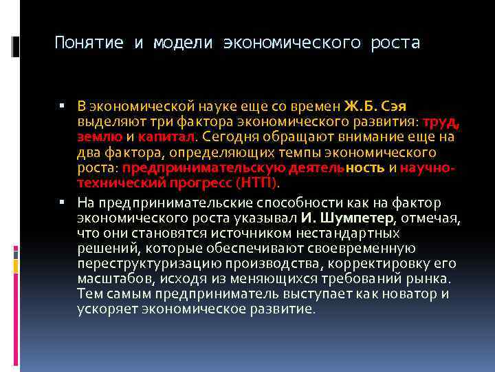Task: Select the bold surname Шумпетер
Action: pos(355,218)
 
